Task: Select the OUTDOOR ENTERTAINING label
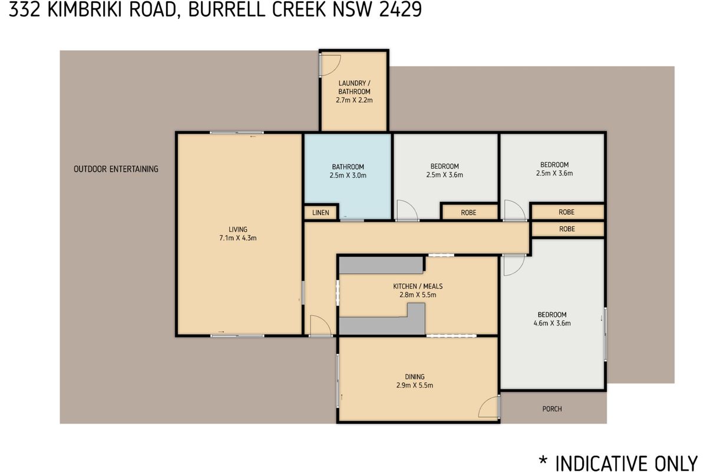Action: point(116,169)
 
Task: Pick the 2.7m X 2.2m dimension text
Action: point(354,100)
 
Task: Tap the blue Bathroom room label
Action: point(348,166)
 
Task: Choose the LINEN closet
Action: point(321,212)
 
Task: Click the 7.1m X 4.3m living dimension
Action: point(238,238)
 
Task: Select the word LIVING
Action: point(238,230)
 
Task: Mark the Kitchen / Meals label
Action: point(418,286)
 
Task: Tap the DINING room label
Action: point(415,376)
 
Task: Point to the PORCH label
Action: point(552,409)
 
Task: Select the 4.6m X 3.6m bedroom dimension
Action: point(552,323)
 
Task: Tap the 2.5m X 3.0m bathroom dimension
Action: point(348,175)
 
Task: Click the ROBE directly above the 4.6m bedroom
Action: point(567,229)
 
